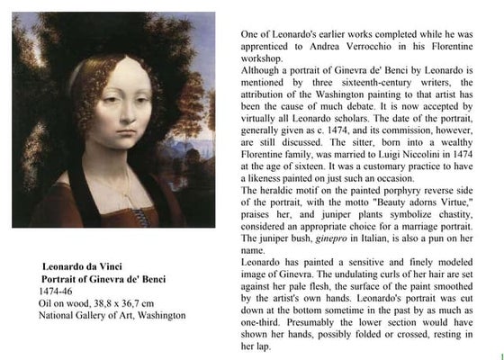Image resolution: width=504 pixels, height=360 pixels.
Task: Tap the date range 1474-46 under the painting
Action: click(x=55, y=292)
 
